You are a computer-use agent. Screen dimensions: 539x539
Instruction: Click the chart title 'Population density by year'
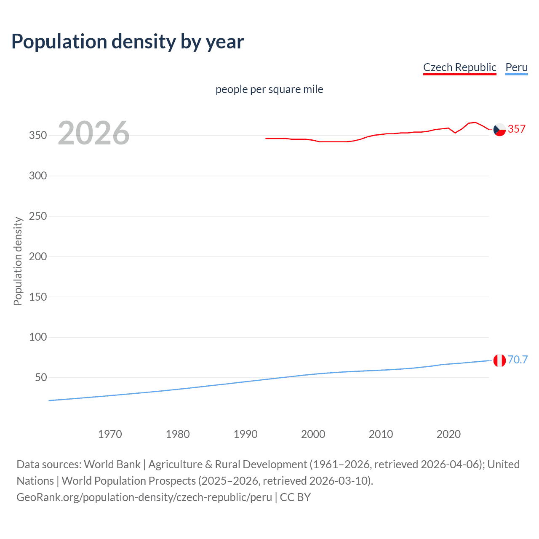tap(128, 42)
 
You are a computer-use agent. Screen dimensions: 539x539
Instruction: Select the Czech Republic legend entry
tap(459, 67)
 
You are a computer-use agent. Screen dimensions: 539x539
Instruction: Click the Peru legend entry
tap(516, 67)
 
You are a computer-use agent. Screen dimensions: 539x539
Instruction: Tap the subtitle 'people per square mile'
tap(269, 89)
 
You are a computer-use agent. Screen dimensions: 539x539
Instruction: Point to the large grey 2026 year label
tap(93, 133)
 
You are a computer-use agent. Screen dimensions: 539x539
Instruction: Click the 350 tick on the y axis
tap(37, 136)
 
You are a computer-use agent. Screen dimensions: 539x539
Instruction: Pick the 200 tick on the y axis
tap(37, 256)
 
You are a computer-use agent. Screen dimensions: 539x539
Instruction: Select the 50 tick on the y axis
tap(41, 377)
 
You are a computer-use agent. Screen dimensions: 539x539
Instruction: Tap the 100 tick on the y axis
tap(37, 337)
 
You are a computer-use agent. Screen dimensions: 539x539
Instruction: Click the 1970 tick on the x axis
tap(110, 434)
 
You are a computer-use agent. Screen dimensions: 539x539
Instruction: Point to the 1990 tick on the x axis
tap(245, 434)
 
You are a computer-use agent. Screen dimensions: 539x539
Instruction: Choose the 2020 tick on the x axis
tap(448, 434)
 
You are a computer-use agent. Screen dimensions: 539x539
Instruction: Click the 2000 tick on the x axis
tap(313, 434)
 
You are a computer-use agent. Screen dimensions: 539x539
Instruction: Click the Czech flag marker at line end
tap(499, 130)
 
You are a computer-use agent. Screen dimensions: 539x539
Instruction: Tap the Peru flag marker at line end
tap(499, 360)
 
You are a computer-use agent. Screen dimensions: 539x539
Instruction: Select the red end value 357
tap(517, 129)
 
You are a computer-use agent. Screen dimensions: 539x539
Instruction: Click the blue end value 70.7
tap(518, 360)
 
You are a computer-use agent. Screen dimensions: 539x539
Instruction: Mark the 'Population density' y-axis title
tap(18, 261)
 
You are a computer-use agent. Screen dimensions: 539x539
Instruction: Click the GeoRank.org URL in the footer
tap(144, 497)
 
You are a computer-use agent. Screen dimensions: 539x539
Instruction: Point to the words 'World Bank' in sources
tap(112, 464)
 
